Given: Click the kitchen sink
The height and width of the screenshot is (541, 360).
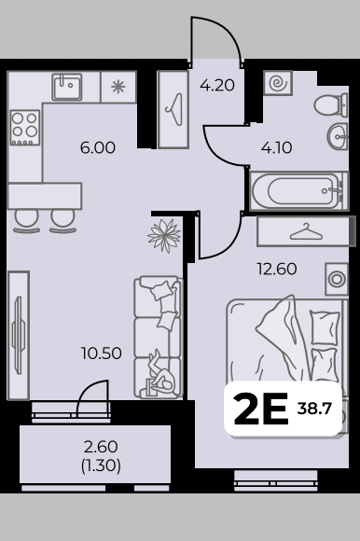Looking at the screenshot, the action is coord(67,86).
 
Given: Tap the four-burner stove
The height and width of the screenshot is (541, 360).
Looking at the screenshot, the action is coord(25,127).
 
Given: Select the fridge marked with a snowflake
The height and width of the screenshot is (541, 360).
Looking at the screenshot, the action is coord(118,87).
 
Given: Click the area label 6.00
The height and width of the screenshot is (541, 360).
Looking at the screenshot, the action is coord(98,147).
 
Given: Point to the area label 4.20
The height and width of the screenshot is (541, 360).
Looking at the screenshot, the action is coord(217,85).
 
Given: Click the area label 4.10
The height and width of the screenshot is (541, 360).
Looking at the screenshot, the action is coord(277,147).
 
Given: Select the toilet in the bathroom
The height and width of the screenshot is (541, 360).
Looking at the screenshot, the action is coord(331,104).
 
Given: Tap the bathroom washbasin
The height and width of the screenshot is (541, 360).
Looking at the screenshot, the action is coord(338,136).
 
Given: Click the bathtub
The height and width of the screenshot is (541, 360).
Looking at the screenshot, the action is coord(298,190).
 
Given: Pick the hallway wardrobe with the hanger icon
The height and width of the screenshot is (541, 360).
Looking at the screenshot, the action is coord(173,110).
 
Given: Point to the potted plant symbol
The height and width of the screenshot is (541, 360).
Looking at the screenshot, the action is coord(164,236).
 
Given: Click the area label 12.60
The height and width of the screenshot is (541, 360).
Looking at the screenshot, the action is coord(277,269).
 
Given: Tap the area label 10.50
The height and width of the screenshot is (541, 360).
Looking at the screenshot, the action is coord(102,354).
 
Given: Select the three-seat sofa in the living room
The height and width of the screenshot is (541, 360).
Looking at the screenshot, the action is coord(159,338).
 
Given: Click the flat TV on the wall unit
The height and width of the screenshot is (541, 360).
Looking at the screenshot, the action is coord(18,335).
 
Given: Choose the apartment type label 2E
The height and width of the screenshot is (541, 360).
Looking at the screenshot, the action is coord(261,409).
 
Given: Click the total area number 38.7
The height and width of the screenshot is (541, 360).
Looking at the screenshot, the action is coord(314,409).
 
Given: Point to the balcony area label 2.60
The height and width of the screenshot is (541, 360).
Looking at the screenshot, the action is coord(101,447).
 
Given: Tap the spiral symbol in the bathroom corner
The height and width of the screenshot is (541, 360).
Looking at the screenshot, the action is coord(278,83).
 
